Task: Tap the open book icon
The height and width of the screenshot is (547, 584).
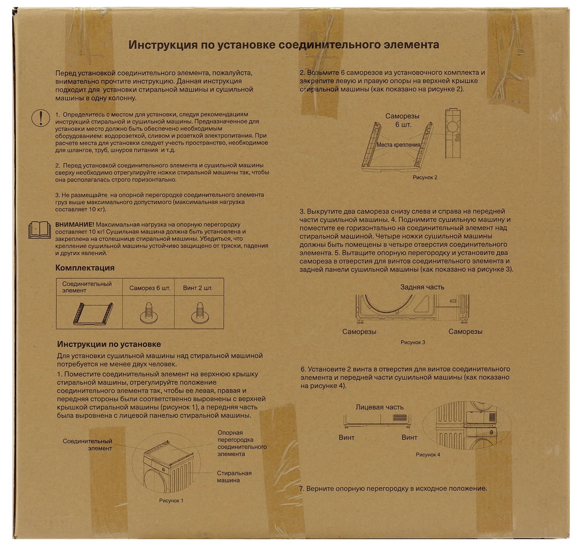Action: click(x=40, y=230)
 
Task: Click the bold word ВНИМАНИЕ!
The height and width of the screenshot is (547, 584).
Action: click(x=75, y=225)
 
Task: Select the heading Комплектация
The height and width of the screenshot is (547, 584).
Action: click(x=85, y=268)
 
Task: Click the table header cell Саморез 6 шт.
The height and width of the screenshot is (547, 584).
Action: click(x=150, y=288)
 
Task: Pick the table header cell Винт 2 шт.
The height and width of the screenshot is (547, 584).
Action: click(x=197, y=288)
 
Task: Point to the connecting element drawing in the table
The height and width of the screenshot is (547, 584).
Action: click(x=93, y=314)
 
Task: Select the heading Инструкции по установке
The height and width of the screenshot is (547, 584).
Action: click(x=109, y=344)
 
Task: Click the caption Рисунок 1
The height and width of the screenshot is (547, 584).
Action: click(x=171, y=501)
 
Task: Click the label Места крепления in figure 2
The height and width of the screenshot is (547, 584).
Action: click(x=398, y=145)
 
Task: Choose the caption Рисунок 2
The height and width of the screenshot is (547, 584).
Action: click(x=425, y=177)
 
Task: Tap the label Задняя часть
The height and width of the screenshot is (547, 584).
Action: click(x=422, y=287)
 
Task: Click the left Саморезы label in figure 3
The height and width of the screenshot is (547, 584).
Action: click(x=359, y=332)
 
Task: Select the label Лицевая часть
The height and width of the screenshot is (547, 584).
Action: click(x=380, y=407)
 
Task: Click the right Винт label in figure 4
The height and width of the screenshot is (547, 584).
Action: click(x=409, y=438)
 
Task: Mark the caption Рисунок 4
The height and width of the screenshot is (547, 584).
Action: click(x=428, y=455)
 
